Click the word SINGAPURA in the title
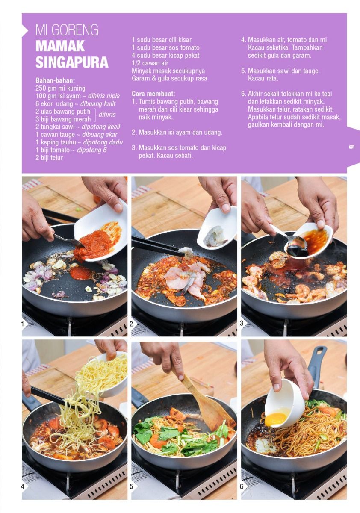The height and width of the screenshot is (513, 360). (72, 62)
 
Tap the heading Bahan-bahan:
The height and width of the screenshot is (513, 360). (56, 80)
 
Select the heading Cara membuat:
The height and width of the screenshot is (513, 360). (153, 94)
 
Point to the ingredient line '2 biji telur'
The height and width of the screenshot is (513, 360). (49, 158)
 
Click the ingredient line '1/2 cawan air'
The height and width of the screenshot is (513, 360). (150, 63)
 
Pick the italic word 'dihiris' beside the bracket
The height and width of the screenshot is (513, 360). (107, 115)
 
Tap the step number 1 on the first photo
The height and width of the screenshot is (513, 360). (22, 324)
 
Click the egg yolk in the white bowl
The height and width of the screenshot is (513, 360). (275, 419)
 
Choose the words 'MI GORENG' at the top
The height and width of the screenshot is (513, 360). (67, 30)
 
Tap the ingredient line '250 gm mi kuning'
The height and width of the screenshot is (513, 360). (60, 88)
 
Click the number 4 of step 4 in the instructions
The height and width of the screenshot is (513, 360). (243, 40)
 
